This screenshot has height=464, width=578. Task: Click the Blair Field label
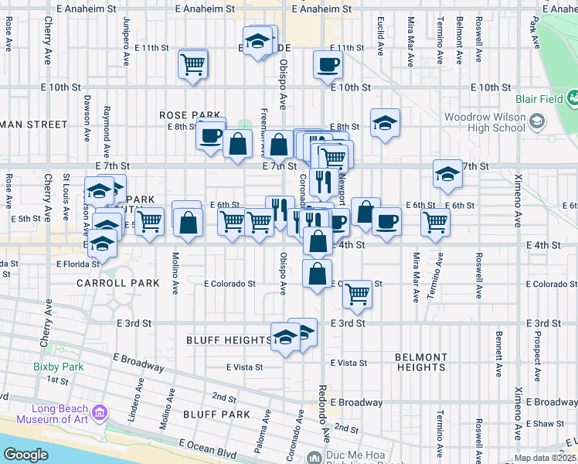tap(539, 99)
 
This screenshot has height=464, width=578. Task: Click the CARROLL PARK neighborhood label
tap(107, 283)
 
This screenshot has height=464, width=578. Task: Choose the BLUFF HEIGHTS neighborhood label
tap(229, 340)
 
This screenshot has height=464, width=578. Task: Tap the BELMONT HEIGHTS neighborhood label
tap(420, 362)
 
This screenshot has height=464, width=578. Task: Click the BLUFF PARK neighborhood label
tap(216, 415)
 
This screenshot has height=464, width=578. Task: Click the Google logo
tap(26, 455)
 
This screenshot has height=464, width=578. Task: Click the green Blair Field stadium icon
tap(573, 99)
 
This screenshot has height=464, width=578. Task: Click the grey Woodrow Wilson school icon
tap(536, 122)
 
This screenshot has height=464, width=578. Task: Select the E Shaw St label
tap(549, 423)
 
